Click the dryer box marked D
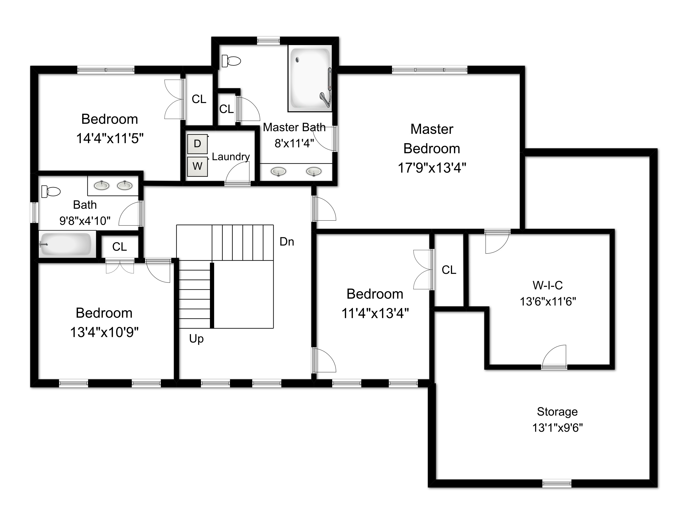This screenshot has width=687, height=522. pyautogui.click(x=197, y=144)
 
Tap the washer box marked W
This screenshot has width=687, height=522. pyautogui.click(x=197, y=166)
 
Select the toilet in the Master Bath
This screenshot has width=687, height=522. pyautogui.click(x=232, y=61)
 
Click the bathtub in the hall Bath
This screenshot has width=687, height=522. pyautogui.click(x=66, y=244)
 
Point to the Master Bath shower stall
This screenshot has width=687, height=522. pyautogui.click(x=310, y=78)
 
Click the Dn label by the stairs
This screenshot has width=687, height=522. pyautogui.click(x=287, y=242)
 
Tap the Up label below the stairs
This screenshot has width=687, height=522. pyautogui.click(x=196, y=339)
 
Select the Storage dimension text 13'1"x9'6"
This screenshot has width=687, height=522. pyautogui.click(x=557, y=428)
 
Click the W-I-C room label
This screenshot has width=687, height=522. pyautogui.click(x=547, y=285)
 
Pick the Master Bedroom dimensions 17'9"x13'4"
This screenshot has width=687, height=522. pyautogui.click(x=432, y=168)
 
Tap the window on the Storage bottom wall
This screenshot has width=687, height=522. pyautogui.click(x=556, y=484)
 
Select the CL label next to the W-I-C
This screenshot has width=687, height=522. pyautogui.click(x=449, y=270)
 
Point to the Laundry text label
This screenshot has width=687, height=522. pyautogui.click(x=231, y=157)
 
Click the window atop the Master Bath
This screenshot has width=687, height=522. pyautogui.click(x=268, y=40)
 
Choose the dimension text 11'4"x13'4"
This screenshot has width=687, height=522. pyautogui.click(x=375, y=313)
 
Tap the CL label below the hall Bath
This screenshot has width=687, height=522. pyautogui.click(x=119, y=247)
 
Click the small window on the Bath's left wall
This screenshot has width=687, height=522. pyautogui.click(x=34, y=213)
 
